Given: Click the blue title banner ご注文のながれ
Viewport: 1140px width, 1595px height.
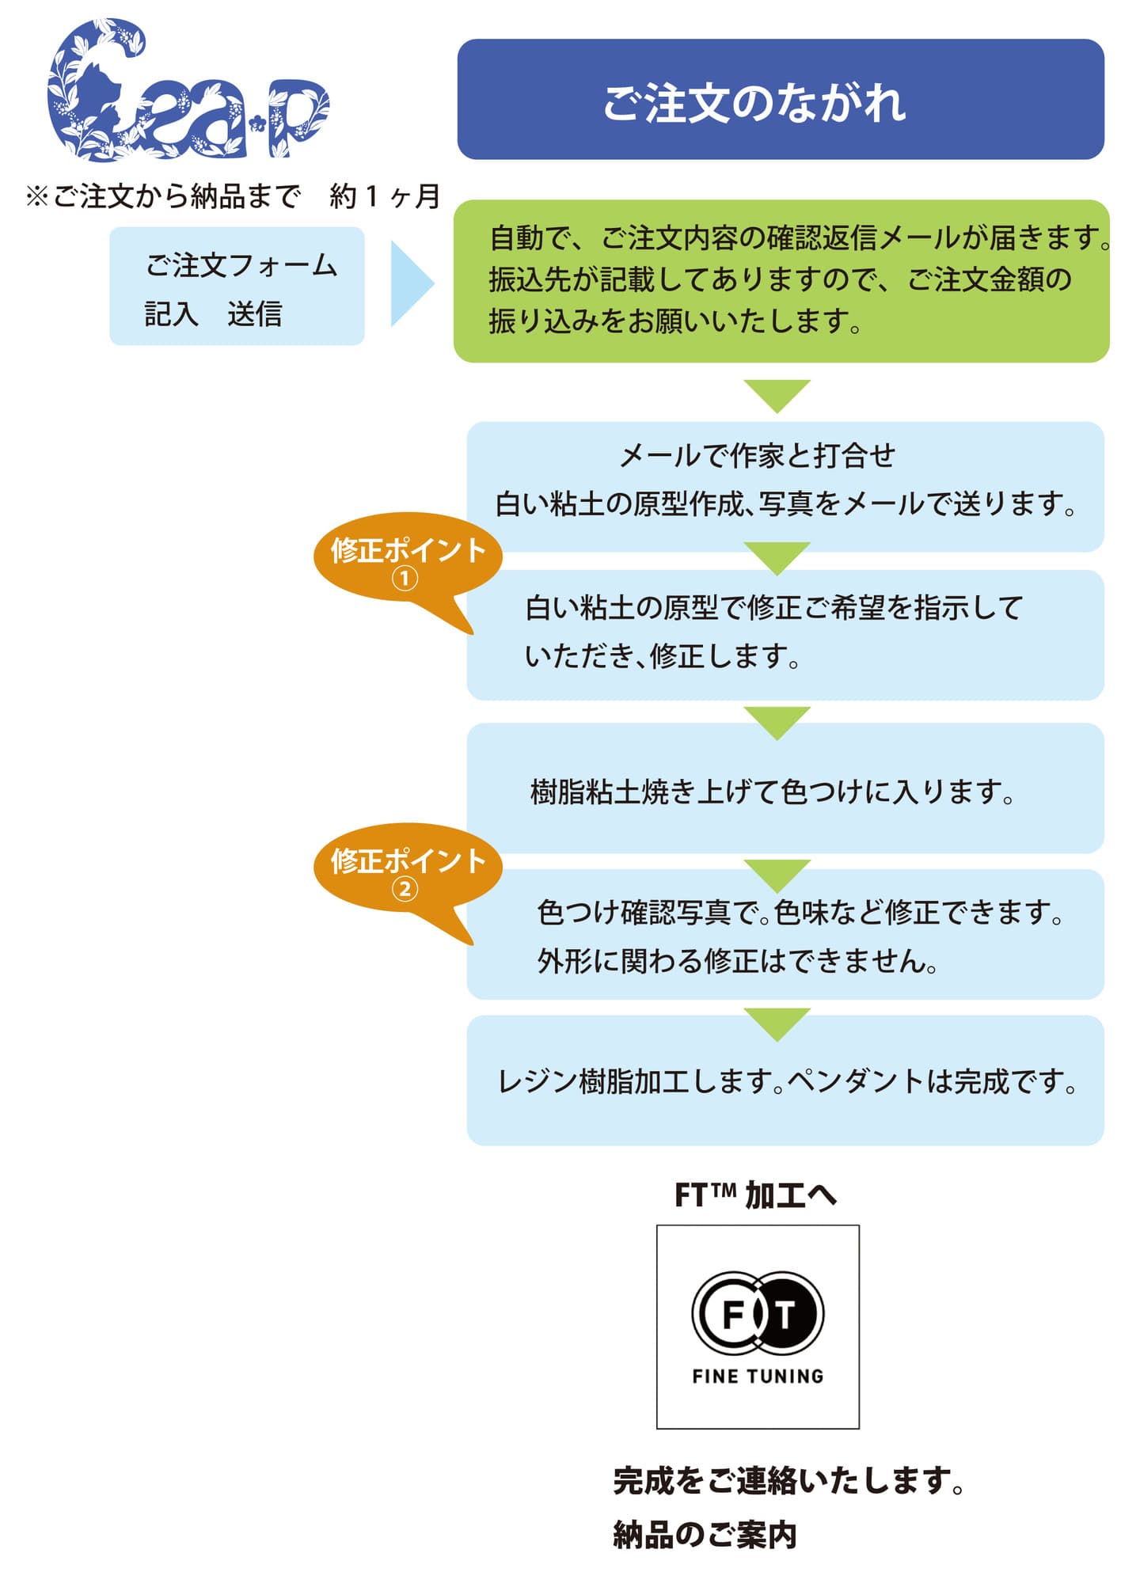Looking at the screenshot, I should [x=780, y=100].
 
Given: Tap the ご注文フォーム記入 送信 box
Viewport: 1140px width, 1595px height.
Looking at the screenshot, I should [x=237, y=287].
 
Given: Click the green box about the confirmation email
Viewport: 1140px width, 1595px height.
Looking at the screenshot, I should [x=780, y=281].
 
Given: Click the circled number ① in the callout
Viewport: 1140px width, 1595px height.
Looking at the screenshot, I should [x=405, y=579].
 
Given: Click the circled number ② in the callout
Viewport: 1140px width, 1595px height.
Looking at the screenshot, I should [x=405, y=890].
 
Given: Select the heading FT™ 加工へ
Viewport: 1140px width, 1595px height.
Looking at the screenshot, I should [x=755, y=1195].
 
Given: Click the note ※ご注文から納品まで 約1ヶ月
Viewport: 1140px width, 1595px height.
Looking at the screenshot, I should [x=233, y=196].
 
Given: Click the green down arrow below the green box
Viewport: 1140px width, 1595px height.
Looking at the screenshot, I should [x=777, y=393].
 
